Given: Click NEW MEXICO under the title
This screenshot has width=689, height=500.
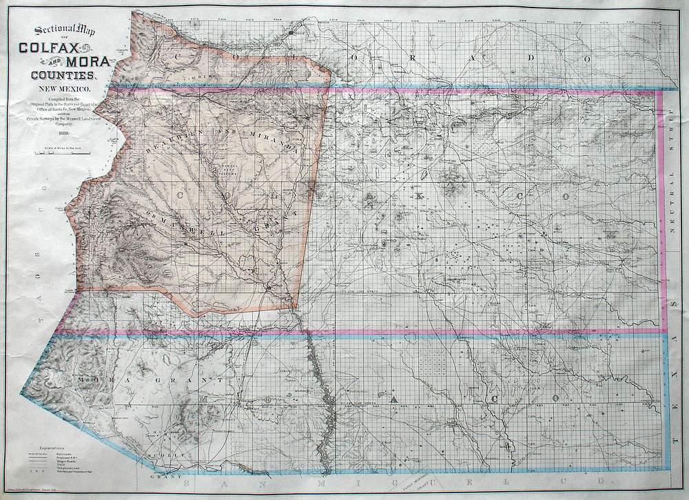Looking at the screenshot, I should click(x=63, y=90).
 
